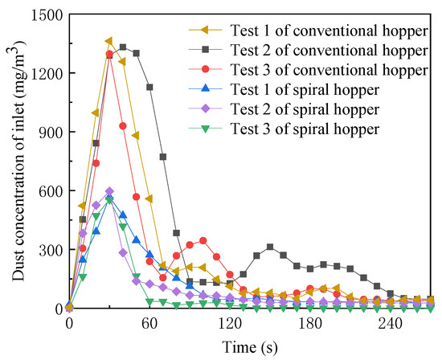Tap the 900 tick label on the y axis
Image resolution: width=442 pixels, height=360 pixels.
[x=50, y=132]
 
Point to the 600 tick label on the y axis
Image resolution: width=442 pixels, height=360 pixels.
[x=50, y=190]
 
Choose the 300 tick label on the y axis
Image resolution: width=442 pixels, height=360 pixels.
[x=50, y=249]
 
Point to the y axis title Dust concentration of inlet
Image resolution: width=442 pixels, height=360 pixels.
[x=16, y=161]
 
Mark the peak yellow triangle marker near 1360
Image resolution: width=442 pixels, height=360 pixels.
[x=109, y=41]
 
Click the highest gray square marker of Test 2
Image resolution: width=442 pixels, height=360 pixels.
[x=122, y=47]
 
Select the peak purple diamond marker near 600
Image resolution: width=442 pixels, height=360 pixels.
[x=109, y=191]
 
